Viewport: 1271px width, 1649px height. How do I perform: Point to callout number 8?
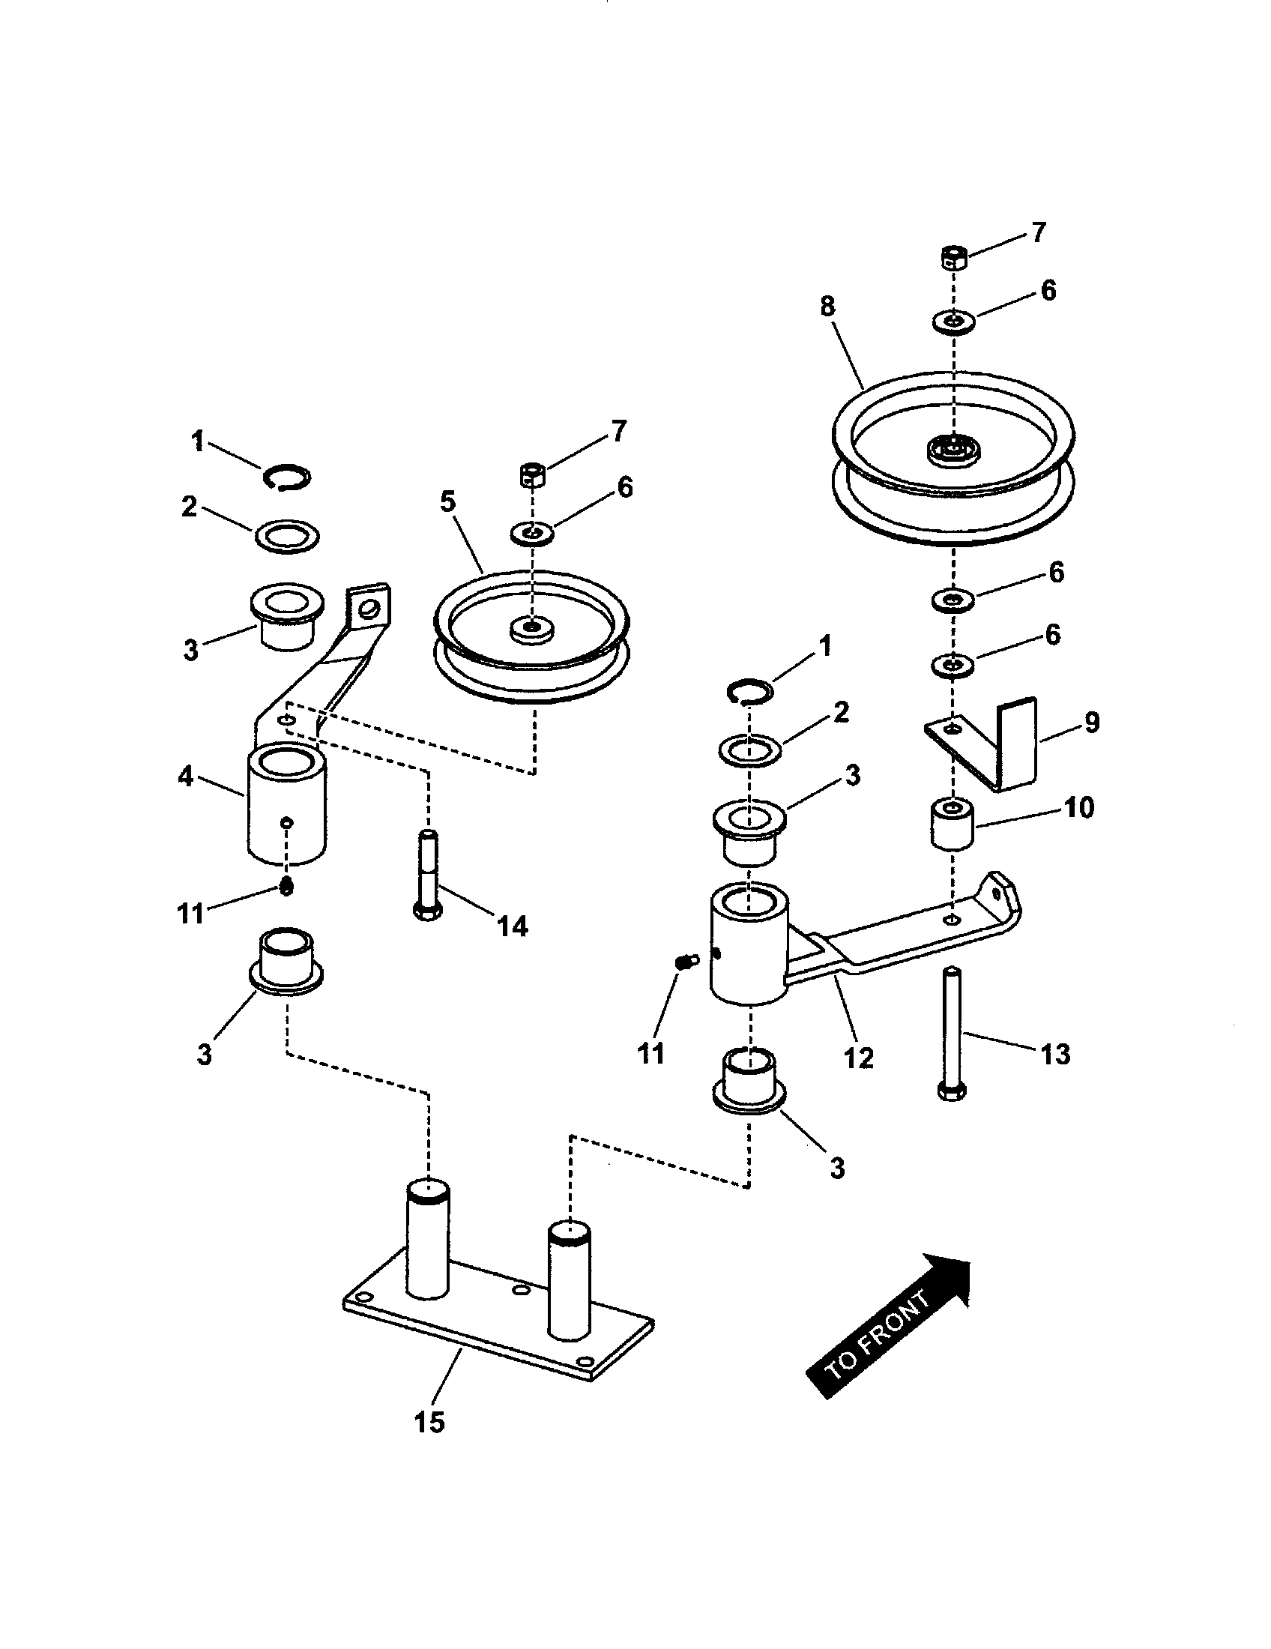click(x=827, y=307)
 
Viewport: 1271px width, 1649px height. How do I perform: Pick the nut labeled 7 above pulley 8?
click(x=954, y=256)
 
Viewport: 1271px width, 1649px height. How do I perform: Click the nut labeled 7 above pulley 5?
click(x=534, y=476)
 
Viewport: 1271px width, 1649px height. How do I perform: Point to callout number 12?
click(x=858, y=1057)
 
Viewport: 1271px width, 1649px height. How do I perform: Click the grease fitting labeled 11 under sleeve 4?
click(x=286, y=887)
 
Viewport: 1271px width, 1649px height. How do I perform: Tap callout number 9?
click(x=1092, y=723)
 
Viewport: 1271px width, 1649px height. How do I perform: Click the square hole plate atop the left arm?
click(x=368, y=605)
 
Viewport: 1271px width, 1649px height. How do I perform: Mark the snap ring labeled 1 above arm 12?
click(x=749, y=690)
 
